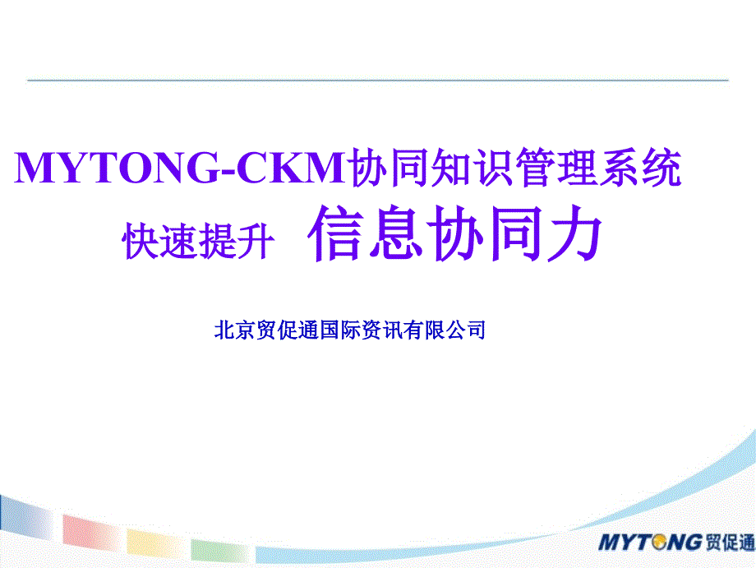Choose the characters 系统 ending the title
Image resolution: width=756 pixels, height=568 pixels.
pyautogui.click(x=640, y=168)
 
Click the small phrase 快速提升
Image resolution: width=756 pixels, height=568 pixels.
pyautogui.click(x=198, y=241)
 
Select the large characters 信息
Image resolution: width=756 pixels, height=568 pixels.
pyautogui.click(x=365, y=233)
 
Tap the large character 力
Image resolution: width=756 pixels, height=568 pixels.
pyautogui.click(x=574, y=233)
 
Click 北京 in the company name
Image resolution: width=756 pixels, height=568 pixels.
pyautogui.click(x=235, y=330)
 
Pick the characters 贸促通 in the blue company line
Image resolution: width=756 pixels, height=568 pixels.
pyautogui.click(x=288, y=330)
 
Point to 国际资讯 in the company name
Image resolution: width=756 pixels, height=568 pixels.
pyautogui.click(x=362, y=330)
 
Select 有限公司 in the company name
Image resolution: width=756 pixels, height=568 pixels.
pyautogui.click(x=445, y=330)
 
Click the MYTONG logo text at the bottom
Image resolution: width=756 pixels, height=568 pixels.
pyautogui.click(x=650, y=542)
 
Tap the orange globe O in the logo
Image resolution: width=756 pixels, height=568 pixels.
pyautogui.click(x=659, y=542)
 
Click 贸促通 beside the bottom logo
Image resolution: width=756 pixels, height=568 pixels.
pyautogui.click(x=730, y=543)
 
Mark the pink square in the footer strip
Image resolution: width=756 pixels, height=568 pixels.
pyautogui.click(x=90, y=532)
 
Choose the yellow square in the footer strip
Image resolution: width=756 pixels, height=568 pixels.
pyautogui.click(x=155, y=543)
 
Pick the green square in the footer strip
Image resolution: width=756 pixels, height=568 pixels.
pyautogui.click(x=220, y=551)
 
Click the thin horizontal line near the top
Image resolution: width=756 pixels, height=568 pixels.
pyautogui.click(x=377, y=80)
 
